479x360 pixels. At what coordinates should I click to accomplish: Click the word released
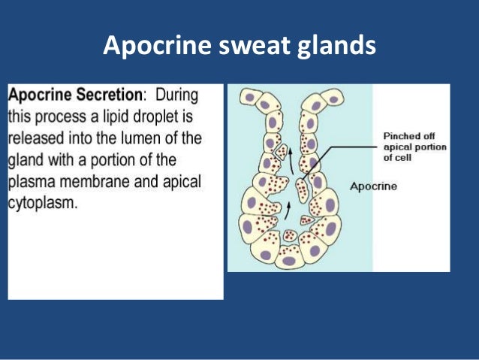(x=35, y=139)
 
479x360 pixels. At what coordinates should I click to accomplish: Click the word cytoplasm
(x=42, y=204)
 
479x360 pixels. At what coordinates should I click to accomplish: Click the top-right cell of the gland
(x=335, y=95)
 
